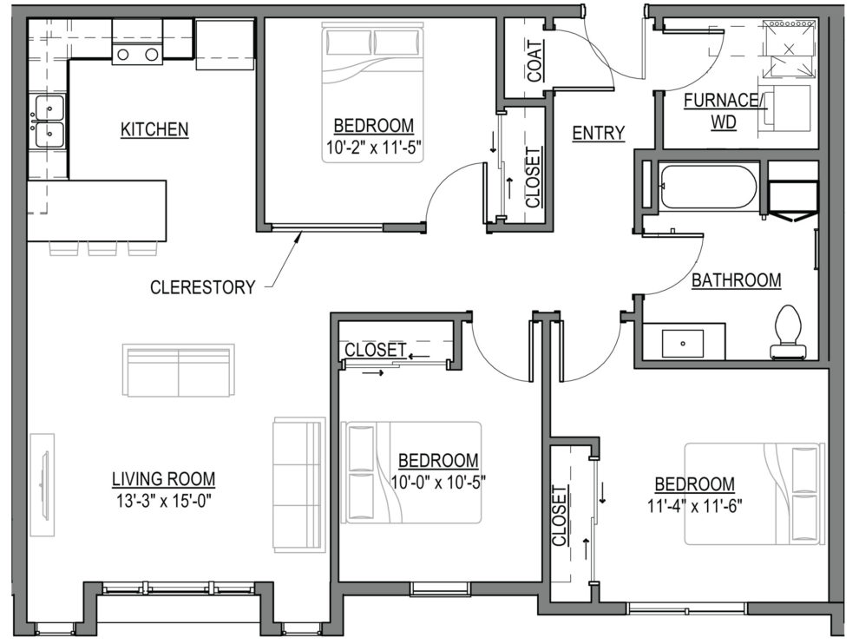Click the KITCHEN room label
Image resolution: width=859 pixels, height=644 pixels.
coord(154,130)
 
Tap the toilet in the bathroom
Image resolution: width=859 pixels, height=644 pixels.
coord(789,333)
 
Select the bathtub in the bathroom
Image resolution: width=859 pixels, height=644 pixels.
coord(709,187)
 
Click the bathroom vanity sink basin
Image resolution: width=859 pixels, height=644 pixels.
coord(683,344)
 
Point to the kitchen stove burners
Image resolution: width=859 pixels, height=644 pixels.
coord(137,55)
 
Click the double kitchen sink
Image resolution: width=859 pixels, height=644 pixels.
coord(49,122)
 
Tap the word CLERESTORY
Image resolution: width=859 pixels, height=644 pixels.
coord(203,287)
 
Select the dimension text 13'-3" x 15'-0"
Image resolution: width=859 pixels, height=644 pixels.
coord(164,501)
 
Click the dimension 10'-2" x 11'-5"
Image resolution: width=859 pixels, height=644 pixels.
coord(374,148)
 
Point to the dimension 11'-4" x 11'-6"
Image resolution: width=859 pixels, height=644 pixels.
coord(695,506)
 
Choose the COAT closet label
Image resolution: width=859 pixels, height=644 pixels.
coord(535,61)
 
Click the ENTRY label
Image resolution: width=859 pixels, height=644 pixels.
coord(598,133)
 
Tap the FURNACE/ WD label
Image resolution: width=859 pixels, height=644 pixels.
coord(723,111)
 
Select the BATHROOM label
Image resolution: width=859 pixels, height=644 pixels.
coord(737,280)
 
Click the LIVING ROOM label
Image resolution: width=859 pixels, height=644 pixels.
coord(164,479)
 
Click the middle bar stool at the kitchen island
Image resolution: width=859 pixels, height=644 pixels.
coord(102,247)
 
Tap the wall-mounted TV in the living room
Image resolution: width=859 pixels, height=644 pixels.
coord(43,485)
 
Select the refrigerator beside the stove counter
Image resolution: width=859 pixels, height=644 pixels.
coord(225,45)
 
